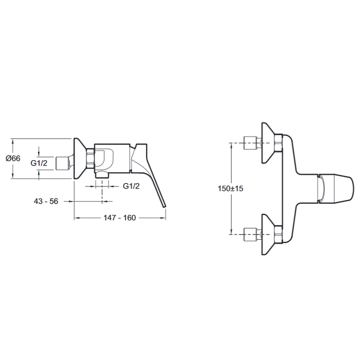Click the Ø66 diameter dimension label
tap(13, 158)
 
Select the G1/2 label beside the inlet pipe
tap(39, 163)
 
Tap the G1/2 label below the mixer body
tap(132, 186)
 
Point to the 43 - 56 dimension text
tap(46, 202)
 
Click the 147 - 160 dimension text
tap(120, 218)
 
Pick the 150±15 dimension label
tap(230, 189)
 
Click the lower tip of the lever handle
tap(165, 207)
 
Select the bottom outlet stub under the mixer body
tap(102, 175)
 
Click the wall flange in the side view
tap(79, 158)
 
